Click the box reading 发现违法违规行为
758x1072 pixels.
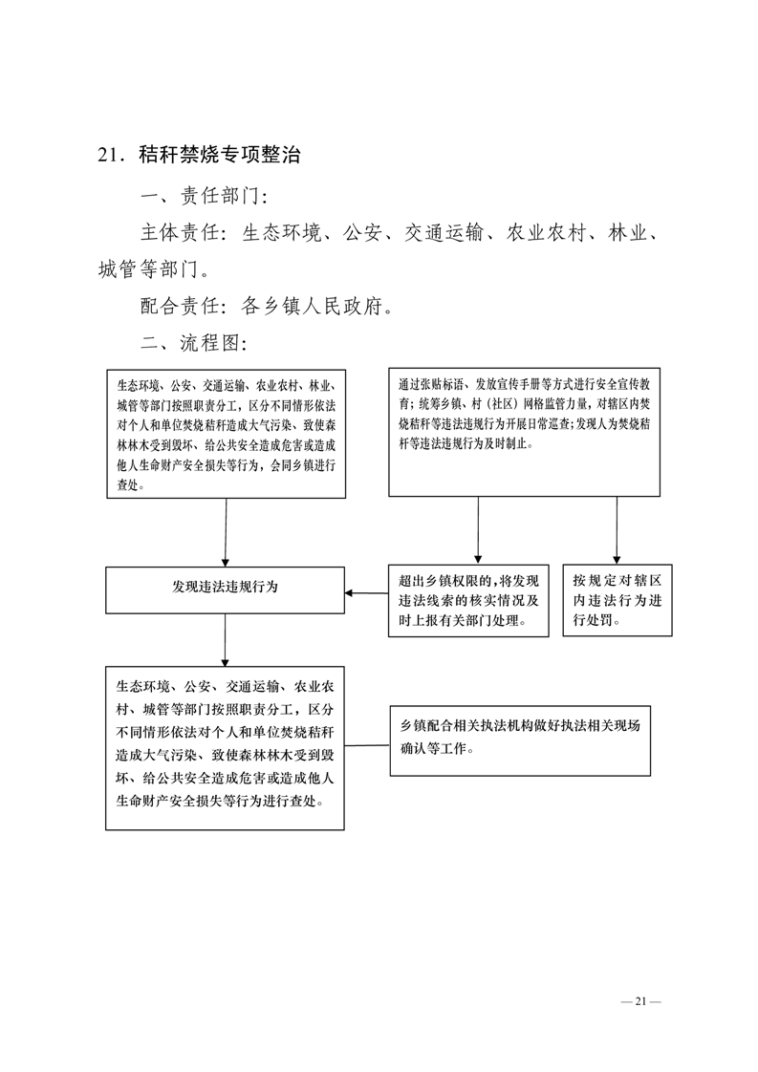(x=225, y=589)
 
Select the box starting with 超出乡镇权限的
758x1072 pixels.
(x=469, y=601)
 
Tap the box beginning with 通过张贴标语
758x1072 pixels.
(x=524, y=432)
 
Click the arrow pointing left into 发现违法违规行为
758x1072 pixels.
(x=366, y=593)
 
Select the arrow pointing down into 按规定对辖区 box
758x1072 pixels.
(x=617, y=530)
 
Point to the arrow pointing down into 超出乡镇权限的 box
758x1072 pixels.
(x=478, y=530)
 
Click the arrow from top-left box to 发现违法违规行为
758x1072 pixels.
(x=225, y=531)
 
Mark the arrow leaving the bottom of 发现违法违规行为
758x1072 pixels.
(x=225, y=638)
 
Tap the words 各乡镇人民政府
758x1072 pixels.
(x=314, y=307)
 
